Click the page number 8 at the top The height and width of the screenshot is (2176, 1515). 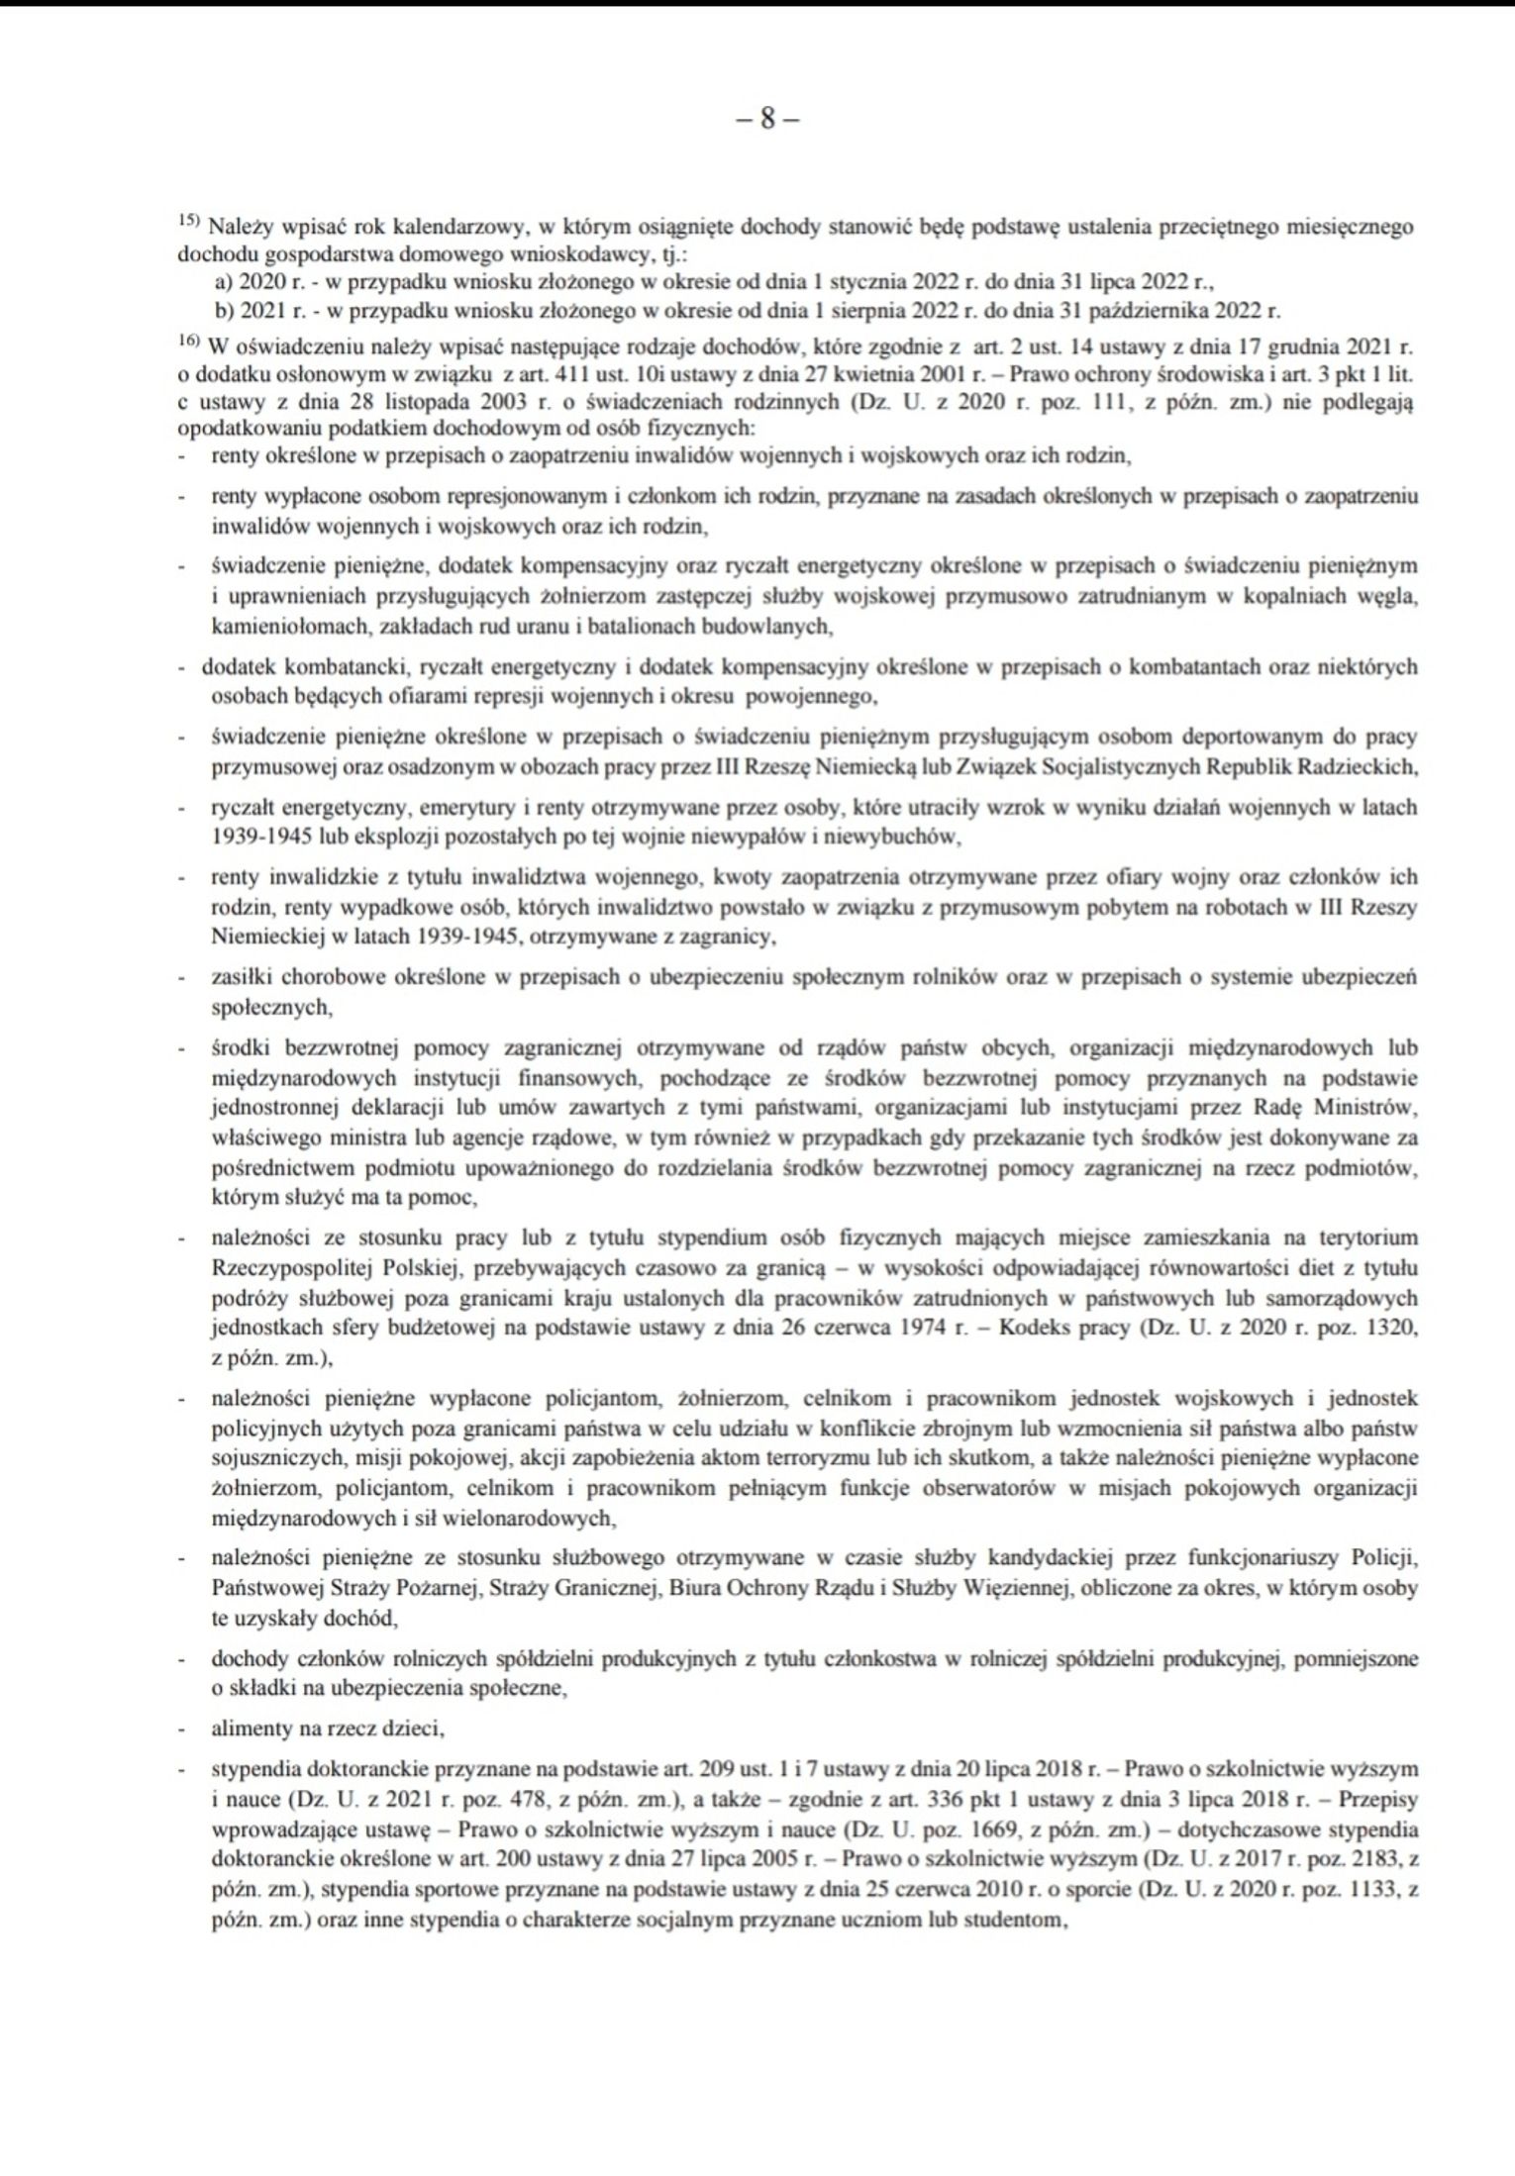tap(767, 120)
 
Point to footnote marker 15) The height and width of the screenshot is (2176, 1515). tap(189, 223)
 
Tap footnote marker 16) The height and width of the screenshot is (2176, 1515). tap(189, 343)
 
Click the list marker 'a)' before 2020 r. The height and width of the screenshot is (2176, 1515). tap(224, 282)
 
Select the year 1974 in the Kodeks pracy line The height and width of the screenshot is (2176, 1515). tap(927, 1328)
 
